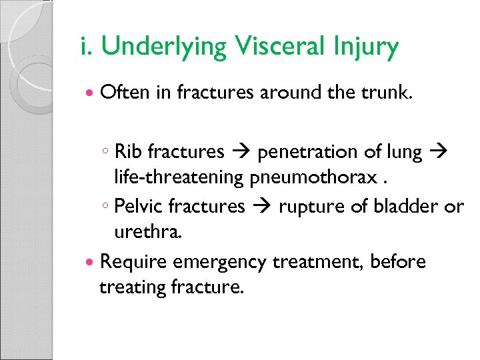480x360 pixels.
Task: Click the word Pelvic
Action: [136, 207]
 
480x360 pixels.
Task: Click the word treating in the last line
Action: [131, 288]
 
